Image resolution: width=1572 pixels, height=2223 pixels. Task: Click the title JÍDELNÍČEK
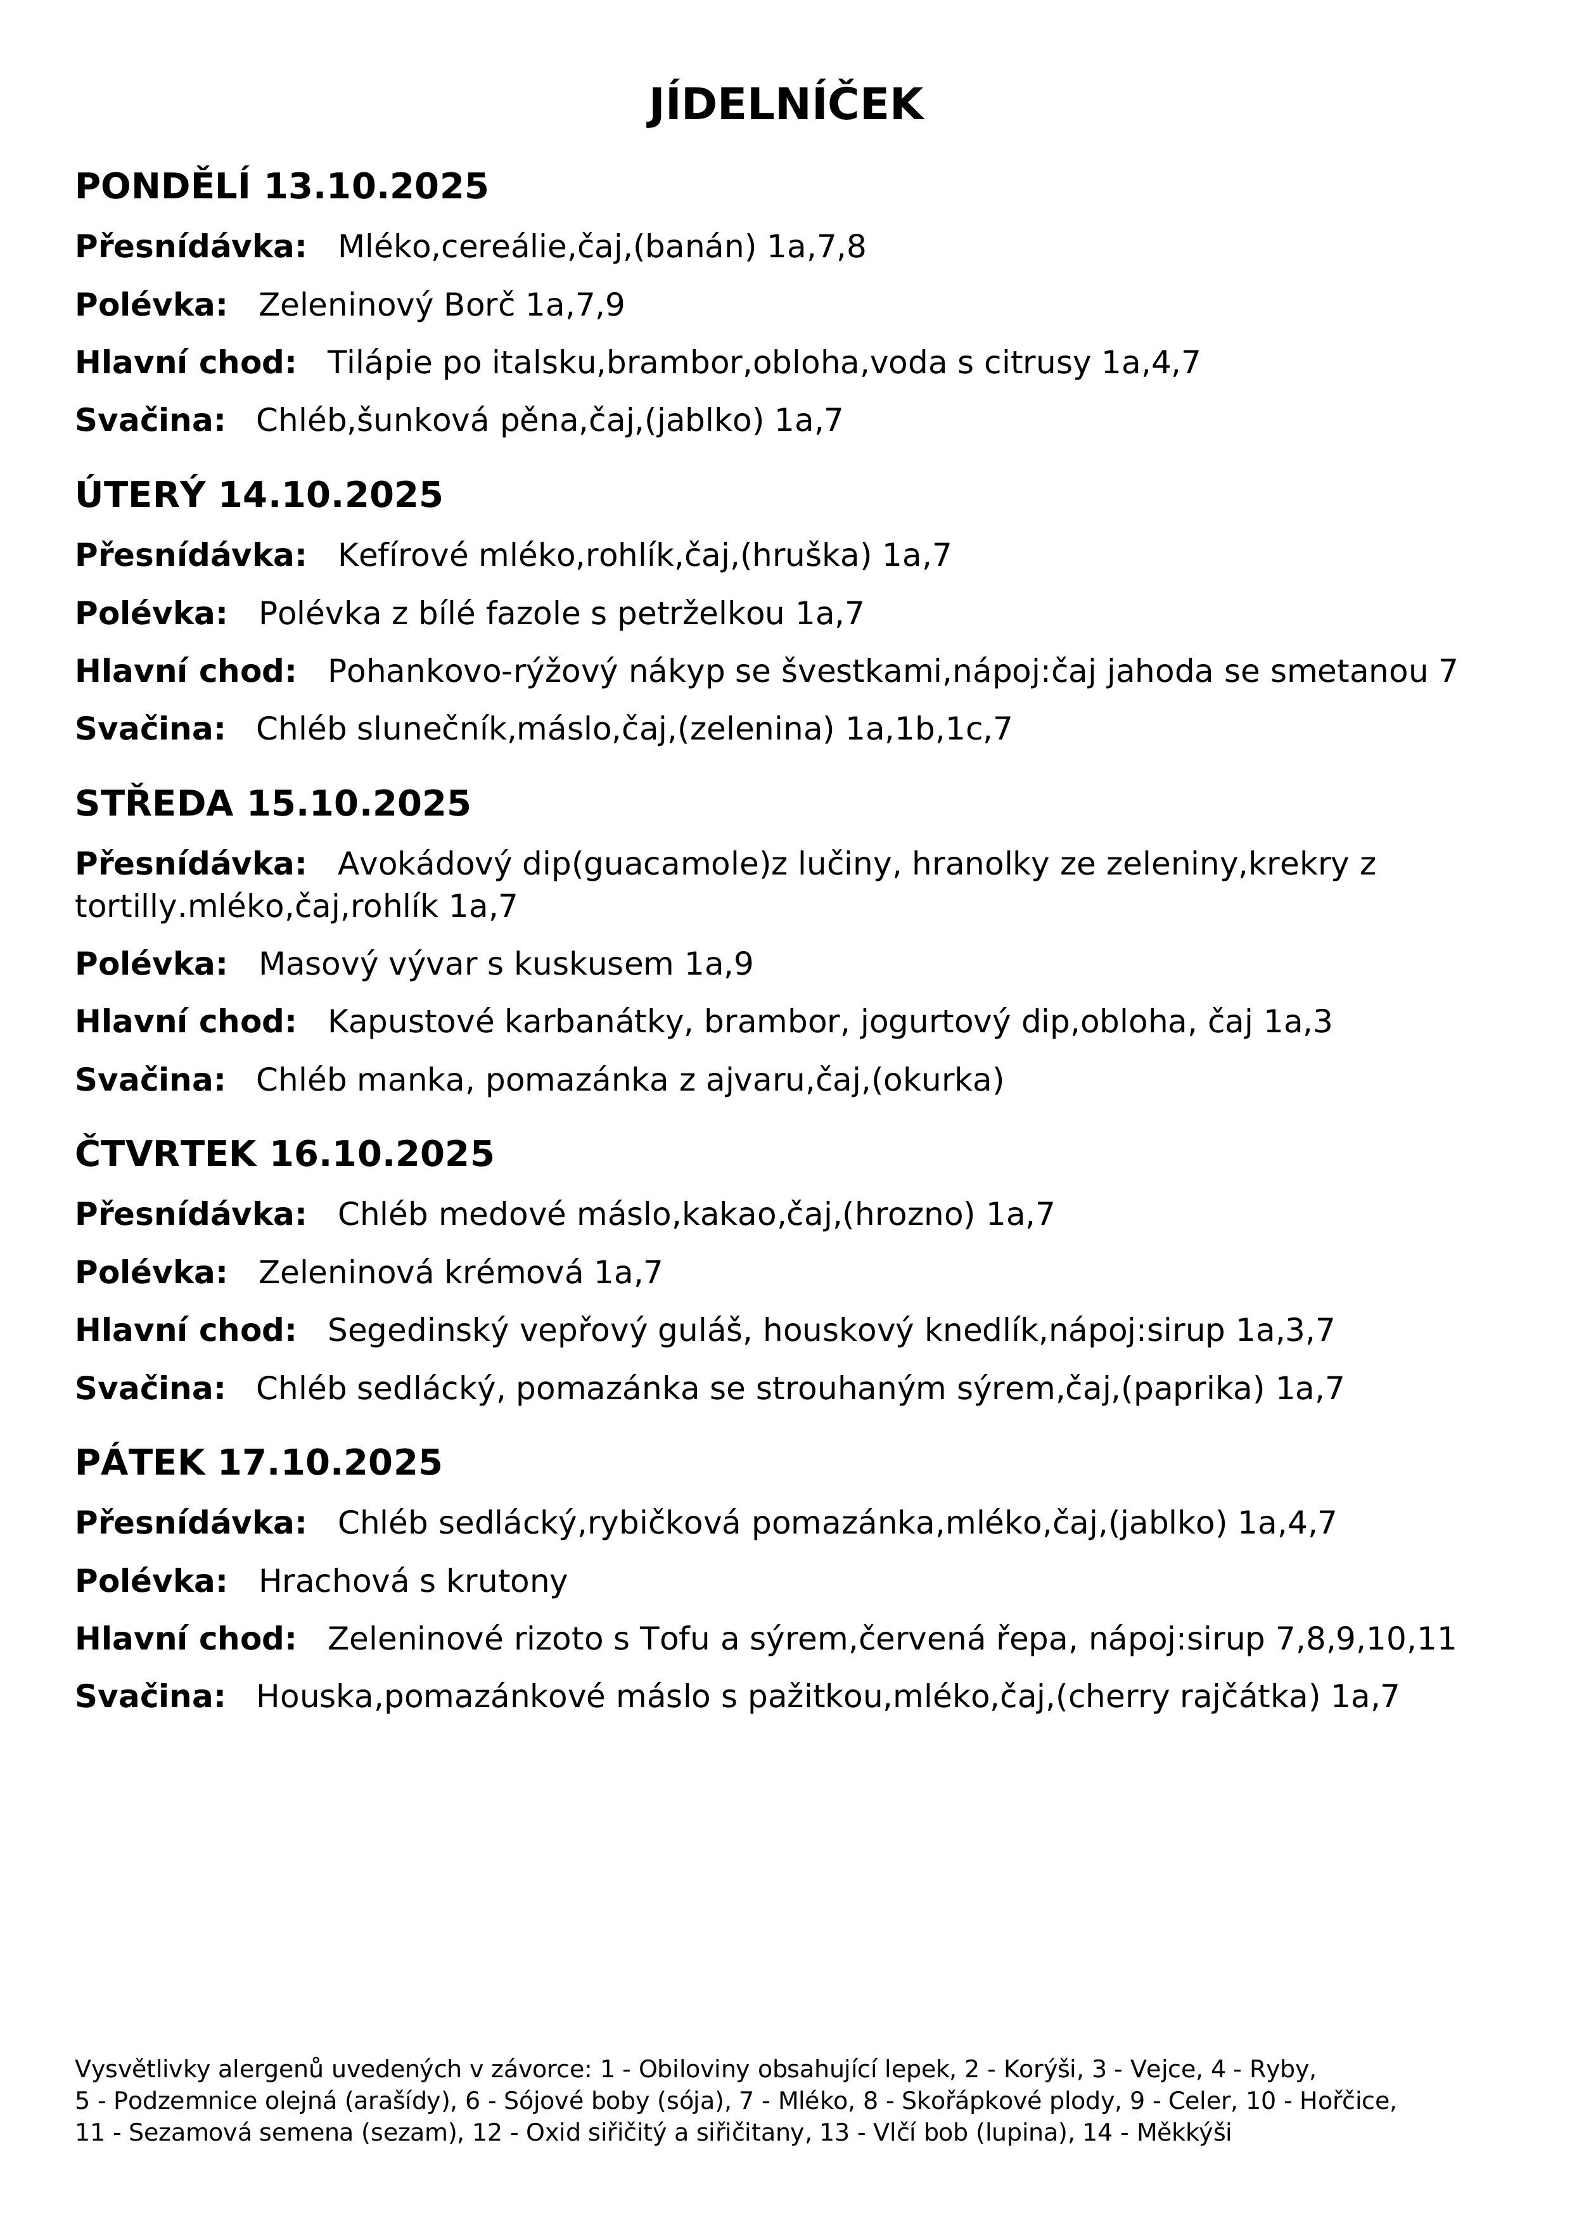pyautogui.click(x=785, y=105)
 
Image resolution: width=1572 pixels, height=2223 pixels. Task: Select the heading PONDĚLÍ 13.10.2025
pyautogui.click(x=282, y=186)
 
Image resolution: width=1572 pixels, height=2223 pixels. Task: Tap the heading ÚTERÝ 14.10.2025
pyautogui.click(x=259, y=495)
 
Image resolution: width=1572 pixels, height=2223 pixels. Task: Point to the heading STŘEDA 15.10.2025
pyautogui.click(x=273, y=804)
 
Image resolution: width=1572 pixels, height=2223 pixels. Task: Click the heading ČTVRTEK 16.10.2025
pyautogui.click(x=284, y=1154)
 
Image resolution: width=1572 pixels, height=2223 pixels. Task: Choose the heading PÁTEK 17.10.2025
pyautogui.click(x=259, y=1462)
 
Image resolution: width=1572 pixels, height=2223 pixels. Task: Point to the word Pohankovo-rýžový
pyautogui.click(x=473, y=671)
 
